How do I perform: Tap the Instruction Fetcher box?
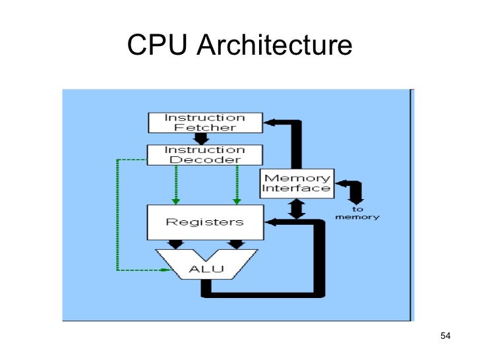204,123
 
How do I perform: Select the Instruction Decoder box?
204,155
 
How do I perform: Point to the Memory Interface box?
296,183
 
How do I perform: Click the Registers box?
204,222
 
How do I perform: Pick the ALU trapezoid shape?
206,268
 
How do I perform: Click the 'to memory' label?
357,214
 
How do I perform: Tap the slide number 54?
444,337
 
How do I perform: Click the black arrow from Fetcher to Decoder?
202,139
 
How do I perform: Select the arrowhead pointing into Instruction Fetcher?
271,122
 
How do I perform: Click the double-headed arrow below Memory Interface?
296,209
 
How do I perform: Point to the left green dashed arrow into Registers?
175,185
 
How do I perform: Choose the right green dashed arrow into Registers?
235,185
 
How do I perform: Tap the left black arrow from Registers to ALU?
175,245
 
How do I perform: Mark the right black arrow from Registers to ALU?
235,245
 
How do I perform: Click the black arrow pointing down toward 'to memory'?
356,195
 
